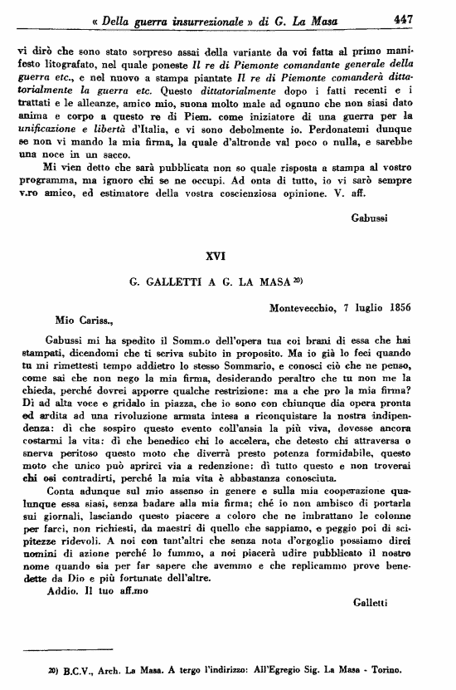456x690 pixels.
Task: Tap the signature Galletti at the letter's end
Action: (x=369, y=601)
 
